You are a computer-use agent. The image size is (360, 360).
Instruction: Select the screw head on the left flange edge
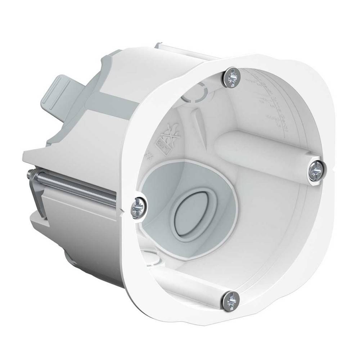click(x=139, y=208)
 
